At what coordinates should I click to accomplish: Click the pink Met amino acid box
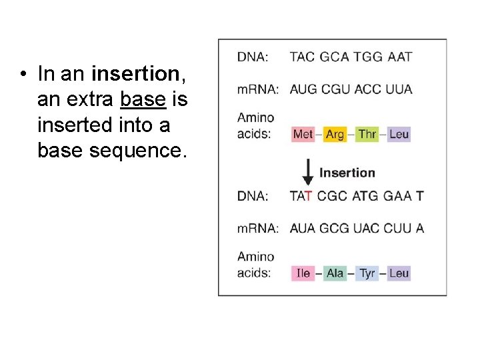(303, 134)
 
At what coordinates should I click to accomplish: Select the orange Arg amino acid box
(335, 134)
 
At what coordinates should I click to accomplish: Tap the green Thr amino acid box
(367, 134)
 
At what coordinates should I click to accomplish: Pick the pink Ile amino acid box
(303, 273)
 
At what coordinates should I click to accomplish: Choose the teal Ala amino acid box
(335, 273)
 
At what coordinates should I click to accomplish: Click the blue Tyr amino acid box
(367, 273)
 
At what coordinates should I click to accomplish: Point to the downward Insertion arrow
(308, 173)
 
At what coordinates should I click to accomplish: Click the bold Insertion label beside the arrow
(347, 173)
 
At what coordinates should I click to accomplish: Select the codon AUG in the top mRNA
(303, 89)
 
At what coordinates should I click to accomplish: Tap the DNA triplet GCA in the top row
(334, 57)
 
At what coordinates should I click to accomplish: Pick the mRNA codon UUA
(399, 89)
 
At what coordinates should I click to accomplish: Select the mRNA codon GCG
(334, 228)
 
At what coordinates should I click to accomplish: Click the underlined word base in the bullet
(143, 99)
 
